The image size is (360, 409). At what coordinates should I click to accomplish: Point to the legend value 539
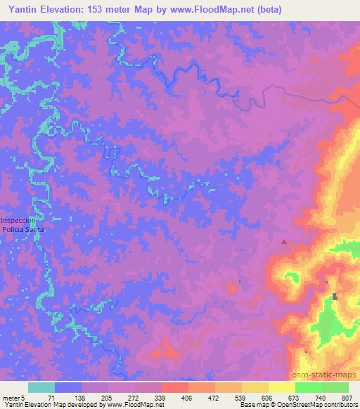click(240, 397)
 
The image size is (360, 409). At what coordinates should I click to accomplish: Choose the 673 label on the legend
click(294, 397)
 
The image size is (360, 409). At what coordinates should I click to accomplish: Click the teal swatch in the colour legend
click(41, 387)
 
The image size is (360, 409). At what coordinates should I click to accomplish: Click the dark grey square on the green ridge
click(335, 296)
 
